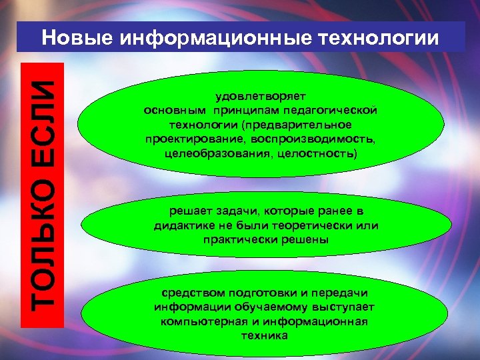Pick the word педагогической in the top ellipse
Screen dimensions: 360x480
[341, 110]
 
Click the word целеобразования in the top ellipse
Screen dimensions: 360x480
[207, 154]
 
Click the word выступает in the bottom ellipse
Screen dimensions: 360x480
[345, 307]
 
